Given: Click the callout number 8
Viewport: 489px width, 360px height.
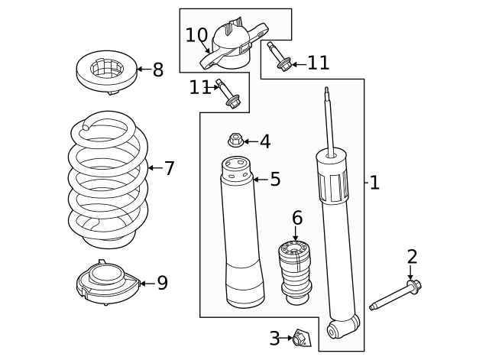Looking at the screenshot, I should tap(158, 70).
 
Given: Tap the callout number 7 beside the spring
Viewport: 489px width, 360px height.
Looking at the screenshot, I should tap(169, 168).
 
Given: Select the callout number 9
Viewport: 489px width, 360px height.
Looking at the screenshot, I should tap(162, 284).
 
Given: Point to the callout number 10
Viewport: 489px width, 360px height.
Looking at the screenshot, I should tap(196, 35).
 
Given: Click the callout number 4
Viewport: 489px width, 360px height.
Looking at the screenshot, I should tap(264, 141).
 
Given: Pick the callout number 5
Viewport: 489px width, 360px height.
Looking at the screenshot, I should tap(275, 180).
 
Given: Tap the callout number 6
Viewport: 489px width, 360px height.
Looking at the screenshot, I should tap(297, 218).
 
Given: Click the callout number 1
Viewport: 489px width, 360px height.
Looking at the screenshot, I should tap(374, 183).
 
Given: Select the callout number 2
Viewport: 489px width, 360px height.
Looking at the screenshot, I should tap(412, 257).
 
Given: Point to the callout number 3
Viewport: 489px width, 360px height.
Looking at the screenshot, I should tap(274, 338).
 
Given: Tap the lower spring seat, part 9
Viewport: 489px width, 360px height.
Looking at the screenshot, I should tap(106, 284).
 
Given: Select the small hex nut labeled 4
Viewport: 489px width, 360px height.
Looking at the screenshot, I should tap(236, 140).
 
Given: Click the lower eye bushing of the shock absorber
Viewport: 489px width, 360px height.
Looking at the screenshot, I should tap(334, 330).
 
